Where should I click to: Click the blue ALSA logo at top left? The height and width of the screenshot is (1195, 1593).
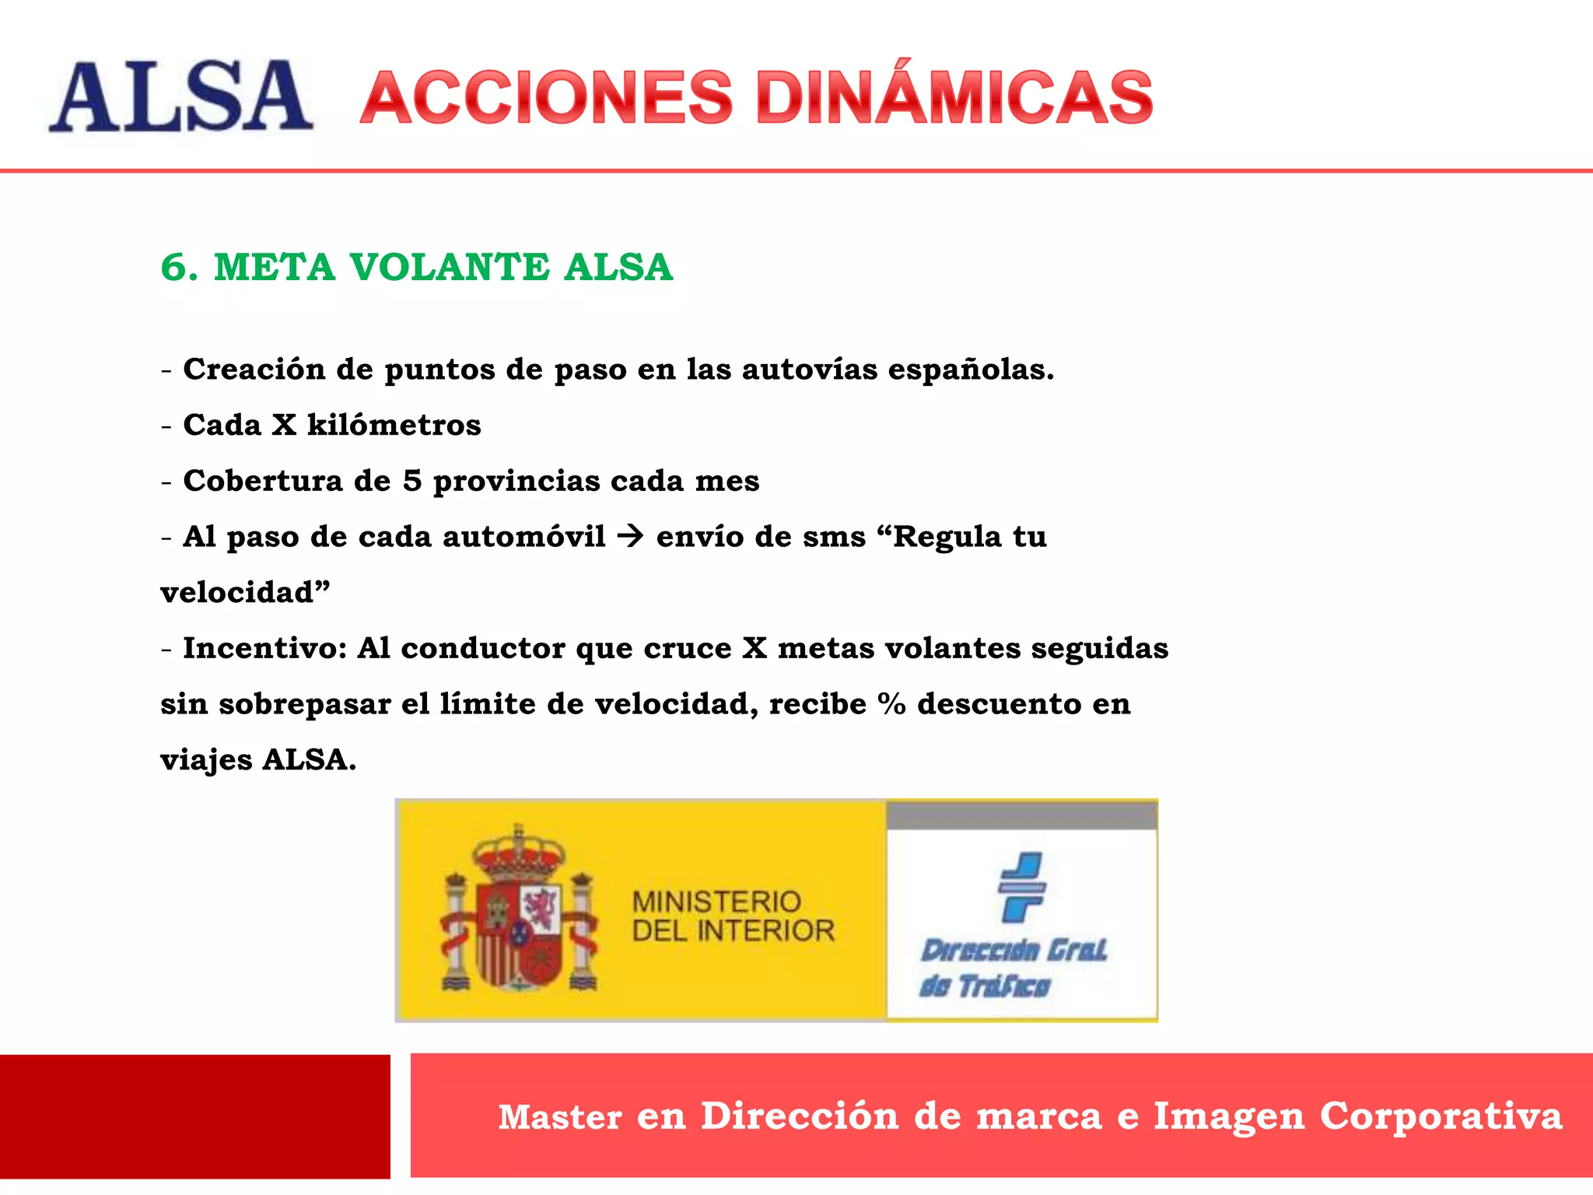click(x=180, y=96)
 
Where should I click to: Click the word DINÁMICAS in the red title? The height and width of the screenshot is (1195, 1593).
click(x=954, y=96)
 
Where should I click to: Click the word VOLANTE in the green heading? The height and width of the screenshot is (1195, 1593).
click(x=450, y=268)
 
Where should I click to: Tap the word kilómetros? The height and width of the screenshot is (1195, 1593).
click(x=394, y=425)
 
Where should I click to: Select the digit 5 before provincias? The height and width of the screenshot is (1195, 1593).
click(x=412, y=481)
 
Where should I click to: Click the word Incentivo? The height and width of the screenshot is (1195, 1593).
click(x=264, y=648)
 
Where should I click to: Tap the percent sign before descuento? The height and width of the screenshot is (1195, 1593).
click(x=891, y=704)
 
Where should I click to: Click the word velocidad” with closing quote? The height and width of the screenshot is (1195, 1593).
click(x=245, y=592)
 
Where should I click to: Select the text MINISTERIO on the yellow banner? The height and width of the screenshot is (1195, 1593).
click(x=716, y=902)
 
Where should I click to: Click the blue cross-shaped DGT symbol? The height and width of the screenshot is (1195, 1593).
click(x=1021, y=887)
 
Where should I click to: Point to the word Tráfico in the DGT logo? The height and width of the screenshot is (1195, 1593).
click(x=1004, y=986)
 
